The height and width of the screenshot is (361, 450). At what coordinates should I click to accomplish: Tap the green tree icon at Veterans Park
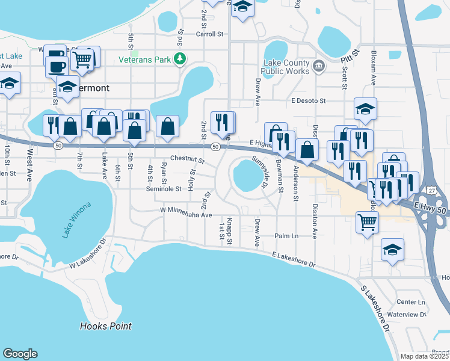click(x=179, y=59)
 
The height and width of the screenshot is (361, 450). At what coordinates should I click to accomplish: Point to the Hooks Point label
click(x=105, y=327)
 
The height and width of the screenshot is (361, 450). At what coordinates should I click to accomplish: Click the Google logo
click(x=20, y=354)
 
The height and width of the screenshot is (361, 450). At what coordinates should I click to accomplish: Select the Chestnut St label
click(x=188, y=161)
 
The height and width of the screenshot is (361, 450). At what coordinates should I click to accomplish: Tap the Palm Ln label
click(x=286, y=236)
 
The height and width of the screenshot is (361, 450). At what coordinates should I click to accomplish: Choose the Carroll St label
click(x=209, y=34)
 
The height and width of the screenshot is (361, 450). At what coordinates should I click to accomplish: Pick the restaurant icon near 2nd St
click(x=223, y=122)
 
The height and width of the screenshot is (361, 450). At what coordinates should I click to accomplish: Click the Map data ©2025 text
click(x=424, y=356)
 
